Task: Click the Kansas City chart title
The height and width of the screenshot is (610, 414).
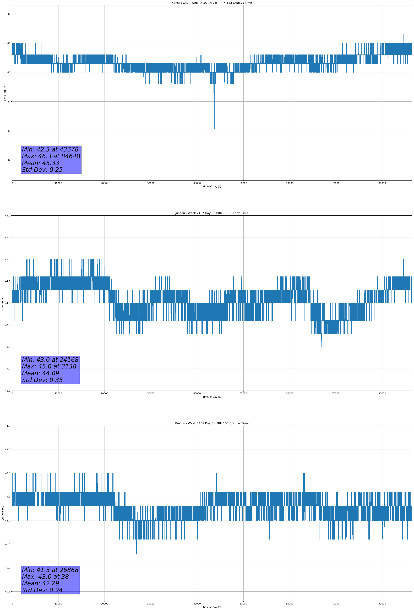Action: pyautogui.click(x=212, y=3)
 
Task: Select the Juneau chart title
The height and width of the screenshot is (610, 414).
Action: pyautogui.click(x=212, y=213)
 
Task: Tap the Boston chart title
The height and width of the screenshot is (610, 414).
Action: pyautogui.click(x=212, y=423)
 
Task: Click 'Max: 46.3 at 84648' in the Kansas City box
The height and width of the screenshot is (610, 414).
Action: pyautogui.click(x=51, y=156)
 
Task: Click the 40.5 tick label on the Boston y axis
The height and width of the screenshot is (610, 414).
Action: pyautogui.click(x=8, y=592)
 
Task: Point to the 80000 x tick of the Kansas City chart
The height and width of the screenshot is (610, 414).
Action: pyautogui.click(x=382, y=183)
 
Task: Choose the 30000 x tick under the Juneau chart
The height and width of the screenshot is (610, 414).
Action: pyautogui.click(x=151, y=393)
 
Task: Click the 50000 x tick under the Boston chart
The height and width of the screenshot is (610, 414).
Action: pyautogui.click(x=243, y=604)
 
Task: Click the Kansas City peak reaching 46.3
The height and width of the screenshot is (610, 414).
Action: pyautogui.click(x=404, y=34)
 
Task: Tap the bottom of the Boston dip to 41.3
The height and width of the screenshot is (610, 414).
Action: pyautogui.click(x=136, y=553)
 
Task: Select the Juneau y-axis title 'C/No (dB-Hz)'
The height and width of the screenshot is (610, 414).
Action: pyautogui.click(x=3, y=303)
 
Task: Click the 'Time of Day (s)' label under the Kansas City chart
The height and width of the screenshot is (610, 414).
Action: pyautogui.click(x=212, y=187)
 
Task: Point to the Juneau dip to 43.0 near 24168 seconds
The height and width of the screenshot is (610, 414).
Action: pyautogui.click(x=124, y=346)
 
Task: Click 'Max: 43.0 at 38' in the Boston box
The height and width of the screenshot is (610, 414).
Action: pyautogui.click(x=45, y=577)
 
